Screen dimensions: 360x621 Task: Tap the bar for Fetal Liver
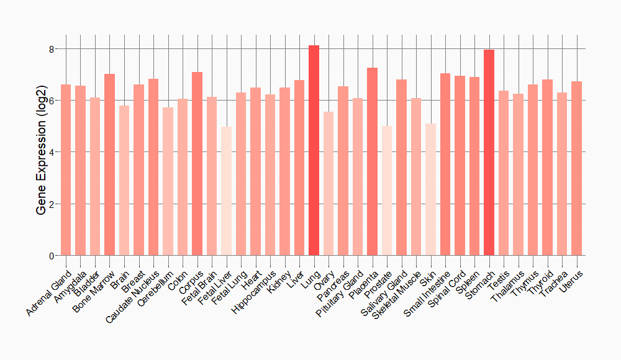pyautogui.click(x=227, y=191)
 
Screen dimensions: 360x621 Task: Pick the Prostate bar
pyautogui.click(x=387, y=191)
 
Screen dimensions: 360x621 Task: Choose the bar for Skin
pyautogui.click(x=431, y=189)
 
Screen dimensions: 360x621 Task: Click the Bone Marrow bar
pyautogui.click(x=110, y=164)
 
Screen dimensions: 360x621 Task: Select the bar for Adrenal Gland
pyautogui.click(x=66, y=170)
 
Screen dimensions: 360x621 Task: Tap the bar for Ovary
pyautogui.click(x=329, y=184)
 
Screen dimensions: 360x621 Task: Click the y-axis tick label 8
pyautogui.click(x=52, y=49)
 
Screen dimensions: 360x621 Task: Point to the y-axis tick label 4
pyautogui.click(x=52, y=152)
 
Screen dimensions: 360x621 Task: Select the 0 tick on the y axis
pyautogui.click(x=52, y=256)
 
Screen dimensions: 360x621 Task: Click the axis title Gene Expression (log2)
pyautogui.click(x=42, y=152)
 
